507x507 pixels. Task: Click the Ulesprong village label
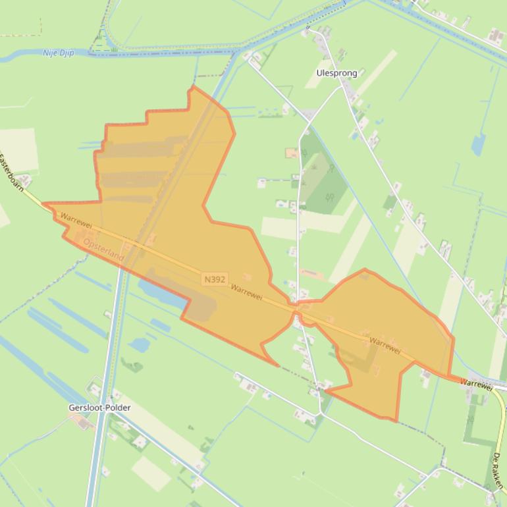(336, 73)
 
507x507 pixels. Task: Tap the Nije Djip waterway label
(59, 53)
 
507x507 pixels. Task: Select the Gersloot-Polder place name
(99, 408)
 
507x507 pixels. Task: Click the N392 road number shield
(215, 279)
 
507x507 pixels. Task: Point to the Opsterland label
(104, 250)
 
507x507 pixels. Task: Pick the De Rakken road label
(498, 469)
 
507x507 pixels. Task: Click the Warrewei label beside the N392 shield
(247, 292)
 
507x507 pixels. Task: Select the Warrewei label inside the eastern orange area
(385, 346)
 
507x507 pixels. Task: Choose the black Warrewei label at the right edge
(476, 384)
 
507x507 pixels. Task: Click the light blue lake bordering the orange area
(162, 294)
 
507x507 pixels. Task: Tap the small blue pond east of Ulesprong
(478, 144)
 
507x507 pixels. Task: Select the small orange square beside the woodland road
(291, 153)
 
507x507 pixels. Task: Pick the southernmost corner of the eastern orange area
(395, 420)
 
